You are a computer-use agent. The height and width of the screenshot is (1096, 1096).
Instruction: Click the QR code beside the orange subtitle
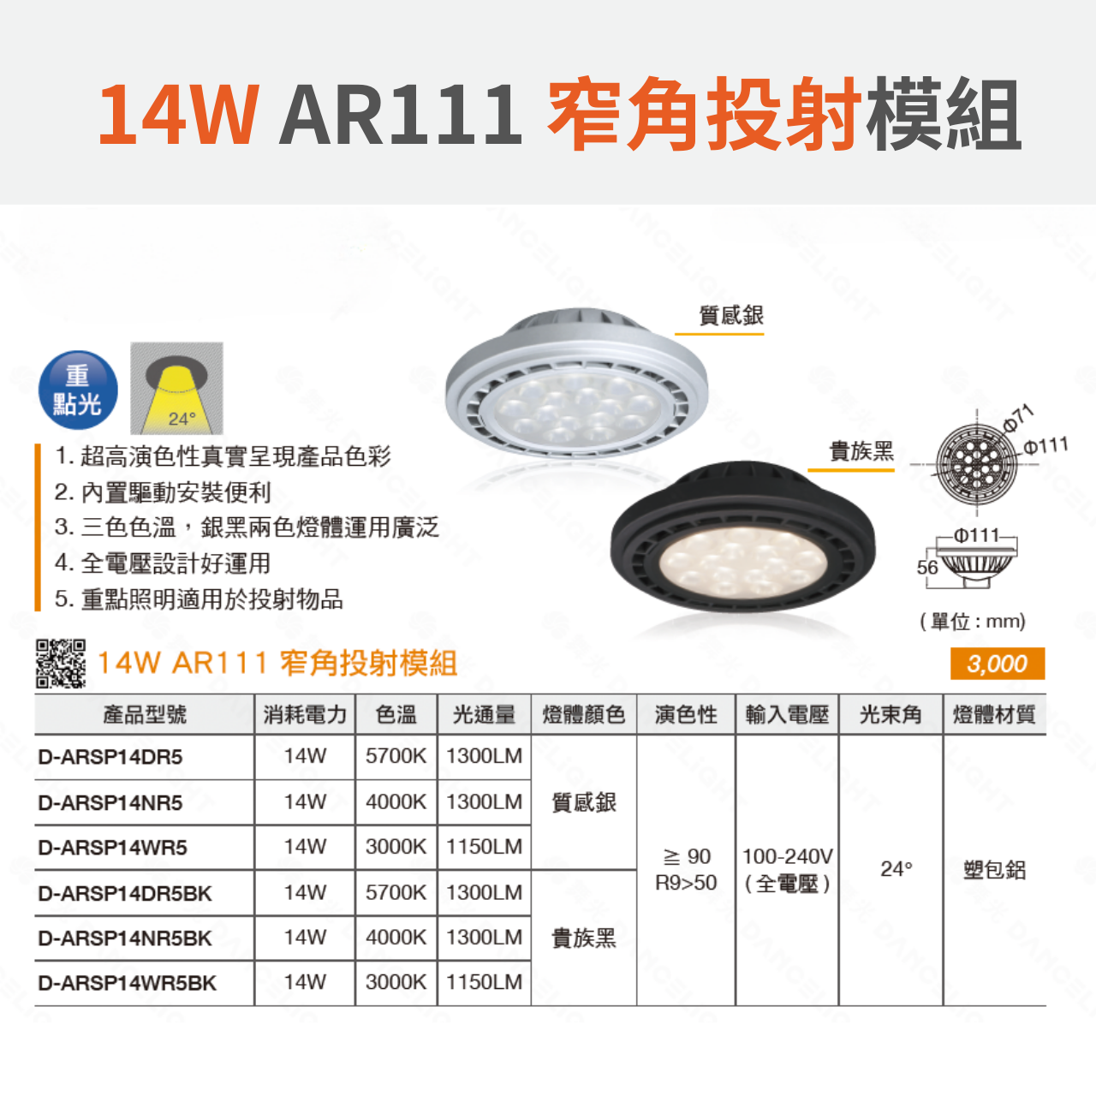click(x=61, y=664)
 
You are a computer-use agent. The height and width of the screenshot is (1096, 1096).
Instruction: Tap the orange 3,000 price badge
click(x=997, y=664)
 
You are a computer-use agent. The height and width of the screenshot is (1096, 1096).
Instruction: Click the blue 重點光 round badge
click(x=78, y=390)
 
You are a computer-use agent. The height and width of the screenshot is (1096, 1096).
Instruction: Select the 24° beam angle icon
click(x=177, y=389)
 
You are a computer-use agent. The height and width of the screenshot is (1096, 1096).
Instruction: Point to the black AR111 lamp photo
click(x=743, y=536)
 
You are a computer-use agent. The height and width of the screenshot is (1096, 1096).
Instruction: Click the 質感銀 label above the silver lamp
click(x=731, y=315)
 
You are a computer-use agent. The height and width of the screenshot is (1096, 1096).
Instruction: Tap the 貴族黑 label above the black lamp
click(x=861, y=451)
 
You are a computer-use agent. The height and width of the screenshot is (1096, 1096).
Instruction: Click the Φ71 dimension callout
click(x=1017, y=418)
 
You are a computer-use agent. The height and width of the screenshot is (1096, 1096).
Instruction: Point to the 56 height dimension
click(x=927, y=567)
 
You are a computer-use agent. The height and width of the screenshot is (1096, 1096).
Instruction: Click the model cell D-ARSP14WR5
click(x=112, y=848)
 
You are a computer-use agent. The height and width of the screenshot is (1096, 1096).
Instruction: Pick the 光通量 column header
click(x=484, y=714)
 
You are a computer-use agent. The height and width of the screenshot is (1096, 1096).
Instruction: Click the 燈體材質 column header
click(x=994, y=714)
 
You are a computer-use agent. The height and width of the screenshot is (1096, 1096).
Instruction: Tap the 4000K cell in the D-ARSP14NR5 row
click(x=396, y=802)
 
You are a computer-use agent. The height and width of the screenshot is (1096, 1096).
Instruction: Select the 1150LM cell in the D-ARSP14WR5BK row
click(x=484, y=982)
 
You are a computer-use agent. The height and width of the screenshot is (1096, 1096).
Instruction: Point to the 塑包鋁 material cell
click(x=994, y=870)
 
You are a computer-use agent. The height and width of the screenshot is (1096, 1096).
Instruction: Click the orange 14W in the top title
click(x=179, y=115)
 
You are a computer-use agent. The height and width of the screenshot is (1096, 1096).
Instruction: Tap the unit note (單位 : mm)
click(x=973, y=621)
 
